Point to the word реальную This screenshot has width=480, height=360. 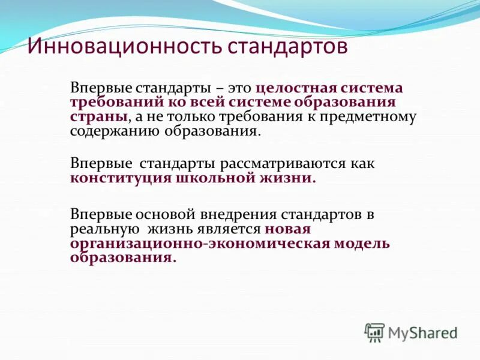(102, 229)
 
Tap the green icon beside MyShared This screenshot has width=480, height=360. (374, 332)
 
